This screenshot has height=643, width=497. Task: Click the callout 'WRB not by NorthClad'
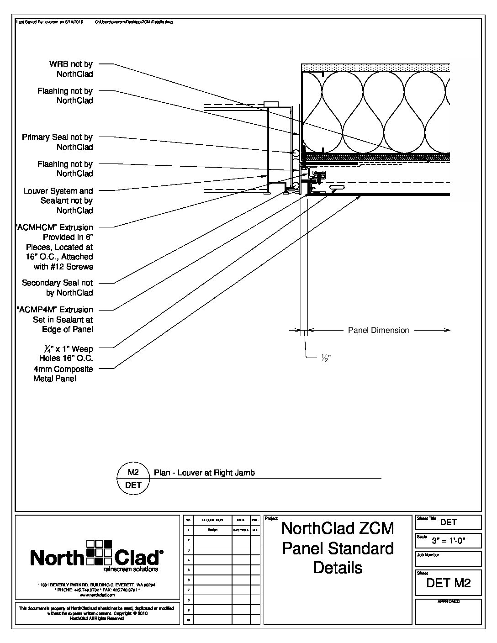(x=71, y=69)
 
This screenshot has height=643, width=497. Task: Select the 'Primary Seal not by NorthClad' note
(x=58, y=142)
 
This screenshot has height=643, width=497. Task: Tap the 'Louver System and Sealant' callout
(x=58, y=200)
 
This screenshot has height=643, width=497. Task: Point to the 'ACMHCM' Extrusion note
(x=54, y=247)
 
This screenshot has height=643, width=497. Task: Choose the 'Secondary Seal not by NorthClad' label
(x=58, y=288)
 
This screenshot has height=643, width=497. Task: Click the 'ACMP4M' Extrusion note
(x=55, y=319)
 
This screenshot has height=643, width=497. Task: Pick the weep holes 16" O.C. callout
(x=66, y=353)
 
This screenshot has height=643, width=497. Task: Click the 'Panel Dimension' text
(x=378, y=330)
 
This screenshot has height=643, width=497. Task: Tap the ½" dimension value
(x=326, y=359)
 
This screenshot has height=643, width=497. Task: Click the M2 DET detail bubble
(x=133, y=478)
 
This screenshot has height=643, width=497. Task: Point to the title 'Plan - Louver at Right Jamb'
(x=204, y=473)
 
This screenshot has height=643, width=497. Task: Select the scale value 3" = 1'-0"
(x=449, y=542)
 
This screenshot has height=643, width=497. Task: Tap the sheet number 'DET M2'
(x=448, y=583)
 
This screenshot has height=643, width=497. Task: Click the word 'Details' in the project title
(x=338, y=568)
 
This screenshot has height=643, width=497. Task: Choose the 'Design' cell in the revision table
(x=212, y=530)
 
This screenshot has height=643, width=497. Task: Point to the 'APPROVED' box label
(x=448, y=601)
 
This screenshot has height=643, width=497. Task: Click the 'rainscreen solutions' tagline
(x=131, y=569)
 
